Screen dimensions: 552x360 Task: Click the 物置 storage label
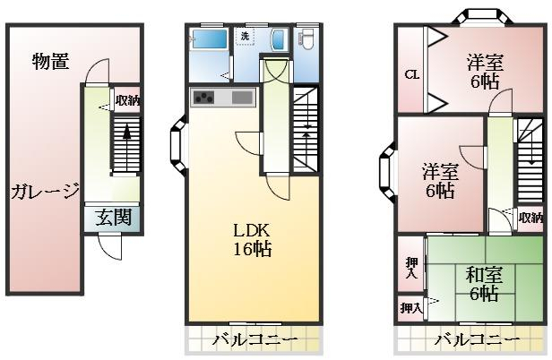click(51, 61)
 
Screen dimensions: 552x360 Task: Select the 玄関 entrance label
click(113, 217)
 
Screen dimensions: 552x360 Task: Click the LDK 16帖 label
click(253, 240)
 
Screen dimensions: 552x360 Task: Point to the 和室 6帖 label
click(484, 284)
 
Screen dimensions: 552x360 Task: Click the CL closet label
click(411, 74)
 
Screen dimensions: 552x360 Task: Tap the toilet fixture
click(306, 38)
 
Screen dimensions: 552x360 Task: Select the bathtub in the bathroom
click(208, 39)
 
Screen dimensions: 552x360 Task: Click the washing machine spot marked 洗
click(245, 36)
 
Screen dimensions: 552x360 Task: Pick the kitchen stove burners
click(203, 97)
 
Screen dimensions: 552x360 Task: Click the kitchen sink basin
click(242, 97)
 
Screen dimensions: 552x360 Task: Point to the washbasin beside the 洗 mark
click(278, 39)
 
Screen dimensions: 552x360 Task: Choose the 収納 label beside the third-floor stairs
click(530, 218)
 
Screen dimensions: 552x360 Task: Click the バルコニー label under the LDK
click(255, 340)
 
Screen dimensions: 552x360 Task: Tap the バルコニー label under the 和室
click(478, 340)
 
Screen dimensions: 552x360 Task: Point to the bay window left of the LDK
click(178, 146)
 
